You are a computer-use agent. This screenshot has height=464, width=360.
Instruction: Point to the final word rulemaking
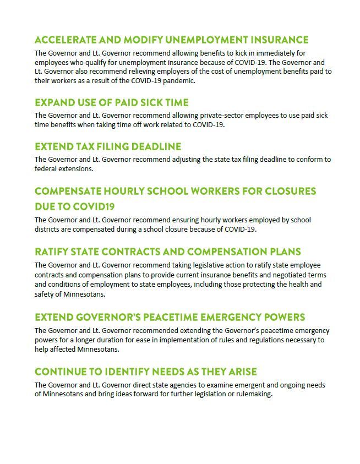click(x=254, y=394)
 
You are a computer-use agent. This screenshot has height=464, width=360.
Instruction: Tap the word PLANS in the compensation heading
click(x=283, y=252)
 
